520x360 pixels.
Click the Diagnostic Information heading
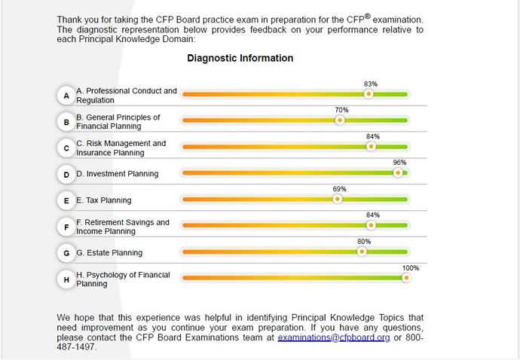240,58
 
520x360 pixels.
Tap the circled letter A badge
66,96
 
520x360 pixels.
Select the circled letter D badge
66,174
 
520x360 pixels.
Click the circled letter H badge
66,279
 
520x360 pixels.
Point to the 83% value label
370,84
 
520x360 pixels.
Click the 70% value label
341,110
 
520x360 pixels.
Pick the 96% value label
399,163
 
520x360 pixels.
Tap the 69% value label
339,189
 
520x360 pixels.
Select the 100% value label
410,268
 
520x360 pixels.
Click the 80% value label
364,242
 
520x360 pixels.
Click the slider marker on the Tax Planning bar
338,200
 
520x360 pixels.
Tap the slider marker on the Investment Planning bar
398,173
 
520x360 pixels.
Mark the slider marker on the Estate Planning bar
362,252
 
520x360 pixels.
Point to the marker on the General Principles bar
340,120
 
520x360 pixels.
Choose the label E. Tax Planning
103,200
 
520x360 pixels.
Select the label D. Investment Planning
117,174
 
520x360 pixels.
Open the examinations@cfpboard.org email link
333,338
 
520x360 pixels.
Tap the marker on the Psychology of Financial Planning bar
406,278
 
